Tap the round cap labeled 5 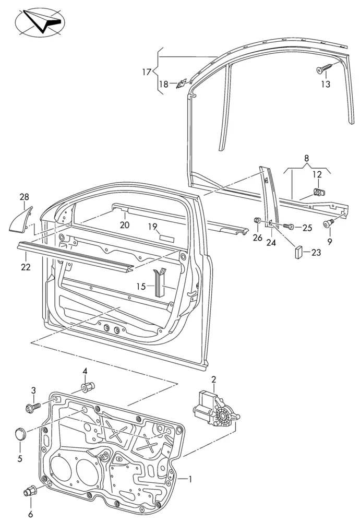20,433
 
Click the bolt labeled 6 31,491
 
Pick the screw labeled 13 325,68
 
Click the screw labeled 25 290,227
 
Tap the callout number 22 26,267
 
